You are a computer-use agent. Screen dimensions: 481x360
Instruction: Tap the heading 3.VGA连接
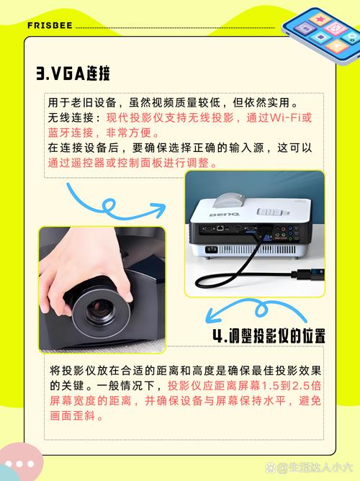click(73, 73)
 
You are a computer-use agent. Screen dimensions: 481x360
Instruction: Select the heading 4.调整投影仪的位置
click(269, 336)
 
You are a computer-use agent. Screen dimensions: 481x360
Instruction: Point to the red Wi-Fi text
click(285, 116)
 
